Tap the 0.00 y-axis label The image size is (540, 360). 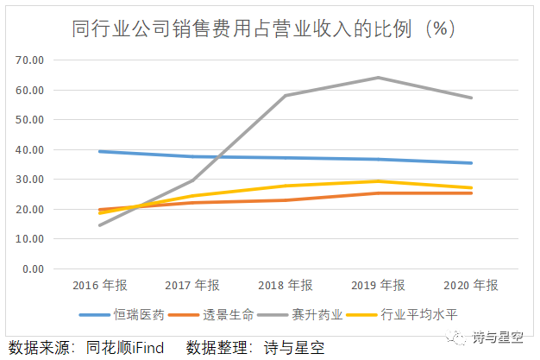[33, 269]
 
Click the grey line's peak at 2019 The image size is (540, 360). [378, 78]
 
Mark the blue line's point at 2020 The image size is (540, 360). [471, 163]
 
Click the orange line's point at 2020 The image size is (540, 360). [471, 193]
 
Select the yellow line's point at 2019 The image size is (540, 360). [378, 181]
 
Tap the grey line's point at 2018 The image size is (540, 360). [285, 96]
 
